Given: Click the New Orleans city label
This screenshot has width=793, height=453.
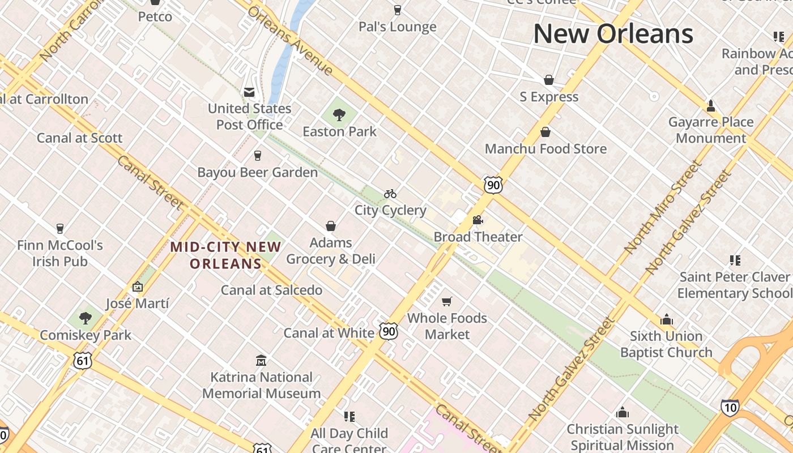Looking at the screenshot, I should pyautogui.click(x=613, y=34).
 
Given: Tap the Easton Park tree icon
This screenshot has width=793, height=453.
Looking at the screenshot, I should pyautogui.click(x=339, y=116).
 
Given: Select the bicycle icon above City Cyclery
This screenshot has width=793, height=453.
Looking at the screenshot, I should pyautogui.click(x=390, y=194).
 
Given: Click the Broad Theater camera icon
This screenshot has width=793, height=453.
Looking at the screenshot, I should pyautogui.click(x=477, y=220).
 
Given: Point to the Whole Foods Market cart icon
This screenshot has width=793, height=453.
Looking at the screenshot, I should pyautogui.click(x=447, y=301).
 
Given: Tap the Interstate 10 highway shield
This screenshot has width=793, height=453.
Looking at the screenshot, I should pyautogui.click(x=730, y=407).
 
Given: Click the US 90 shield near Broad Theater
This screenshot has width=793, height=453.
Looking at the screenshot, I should pyautogui.click(x=493, y=185).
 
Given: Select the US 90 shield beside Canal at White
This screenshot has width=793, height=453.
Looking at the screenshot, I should pyautogui.click(x=389, y=331).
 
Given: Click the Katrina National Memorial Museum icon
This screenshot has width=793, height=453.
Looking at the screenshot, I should pyautogui.click(x=261, y=360).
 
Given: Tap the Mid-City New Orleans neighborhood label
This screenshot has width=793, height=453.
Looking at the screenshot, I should pyautogui.click(x=226, y=255).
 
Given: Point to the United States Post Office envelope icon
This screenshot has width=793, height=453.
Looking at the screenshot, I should pyautogui.click(x=249, y=92).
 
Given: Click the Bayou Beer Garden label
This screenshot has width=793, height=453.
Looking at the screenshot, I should pyautogui.click(x=257, y=172).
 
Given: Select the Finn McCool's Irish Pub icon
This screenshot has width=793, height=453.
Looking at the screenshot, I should pyautogui.click(x=60, y=229).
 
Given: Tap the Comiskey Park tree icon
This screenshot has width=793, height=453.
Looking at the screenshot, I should pyautogui.click(x=86, y=318).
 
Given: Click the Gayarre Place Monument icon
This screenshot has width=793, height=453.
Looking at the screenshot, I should pyautogui.click(x=711, y=106).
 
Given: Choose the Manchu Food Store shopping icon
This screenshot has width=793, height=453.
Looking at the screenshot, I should pyautogui.click(x=545, y=132).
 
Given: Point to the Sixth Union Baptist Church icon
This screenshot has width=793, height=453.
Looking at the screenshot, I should pyautogui.click(x=667, y=319).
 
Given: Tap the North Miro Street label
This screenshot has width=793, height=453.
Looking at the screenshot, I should pyautogui.click(x=663, y=207).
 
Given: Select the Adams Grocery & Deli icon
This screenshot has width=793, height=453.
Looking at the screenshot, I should pyautogui.click(x=331, y=226).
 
